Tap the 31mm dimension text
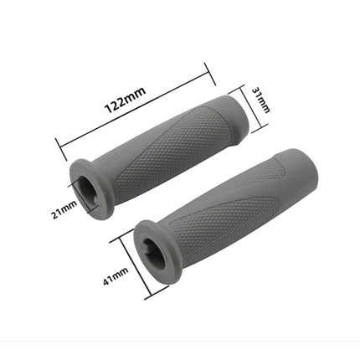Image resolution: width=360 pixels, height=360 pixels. coord(263,102)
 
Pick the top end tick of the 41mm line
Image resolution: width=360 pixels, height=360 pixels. coord(125,234)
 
